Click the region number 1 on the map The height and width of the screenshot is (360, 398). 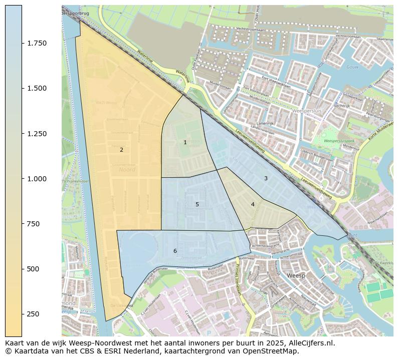point(185,143)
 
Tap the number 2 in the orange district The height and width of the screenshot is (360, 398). point(121,150)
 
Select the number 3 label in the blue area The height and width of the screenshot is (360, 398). point(266,178)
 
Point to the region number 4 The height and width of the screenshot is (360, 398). point(253,204)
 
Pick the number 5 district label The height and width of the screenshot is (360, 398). point(197,204)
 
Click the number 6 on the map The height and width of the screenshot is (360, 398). point(175,251)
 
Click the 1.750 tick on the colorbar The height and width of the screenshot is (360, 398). point(37,44)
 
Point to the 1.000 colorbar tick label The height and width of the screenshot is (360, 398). point(37,179)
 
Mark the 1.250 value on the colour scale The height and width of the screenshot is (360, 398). point(37,134)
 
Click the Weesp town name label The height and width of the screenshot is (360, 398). point(296,276)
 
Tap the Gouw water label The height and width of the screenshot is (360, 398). point(352,67)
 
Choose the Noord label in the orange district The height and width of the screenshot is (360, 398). point(127,170)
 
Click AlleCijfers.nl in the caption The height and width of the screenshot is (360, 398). point(310,343)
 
